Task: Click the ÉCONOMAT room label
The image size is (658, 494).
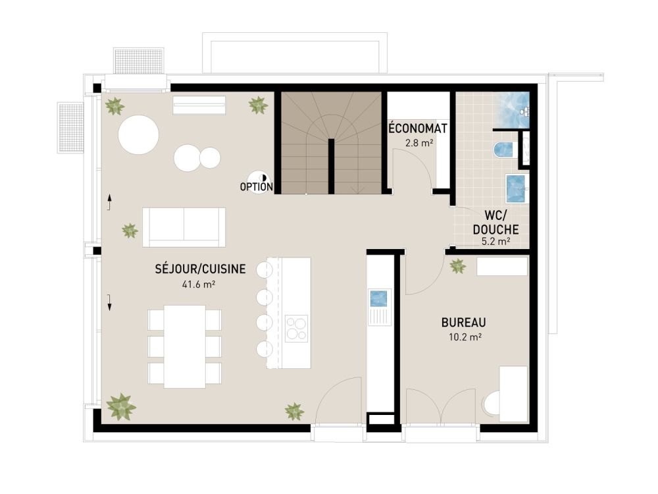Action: [x=409, y=128]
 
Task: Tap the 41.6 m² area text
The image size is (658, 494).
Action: [x=199, y=285]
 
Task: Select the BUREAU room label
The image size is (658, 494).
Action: [x=463, y=323]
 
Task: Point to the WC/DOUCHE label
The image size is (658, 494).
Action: [x=495, y=223]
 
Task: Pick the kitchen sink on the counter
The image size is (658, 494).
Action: [x=380, y=298]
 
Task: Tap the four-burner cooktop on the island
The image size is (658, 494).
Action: [x=296, y=328]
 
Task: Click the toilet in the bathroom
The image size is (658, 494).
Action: [x=503, y=150]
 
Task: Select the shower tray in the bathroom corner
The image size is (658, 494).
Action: [x=512, y=105]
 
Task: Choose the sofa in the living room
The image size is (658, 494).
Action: [x=184, y=227]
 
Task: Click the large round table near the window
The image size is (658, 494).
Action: [x=138, y=135]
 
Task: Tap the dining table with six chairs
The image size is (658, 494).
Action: [x=184, y=346]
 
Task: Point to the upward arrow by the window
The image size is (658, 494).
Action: [x=109, y=201]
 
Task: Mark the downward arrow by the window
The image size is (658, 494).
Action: [x=109, y=302]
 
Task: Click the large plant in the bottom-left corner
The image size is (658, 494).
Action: [x=121, y=406]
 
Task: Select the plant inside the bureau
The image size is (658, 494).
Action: [x=457, y=266]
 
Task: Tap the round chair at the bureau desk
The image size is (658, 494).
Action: [x=491, y=403]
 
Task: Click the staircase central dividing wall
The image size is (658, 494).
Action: [x=331, y=166]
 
